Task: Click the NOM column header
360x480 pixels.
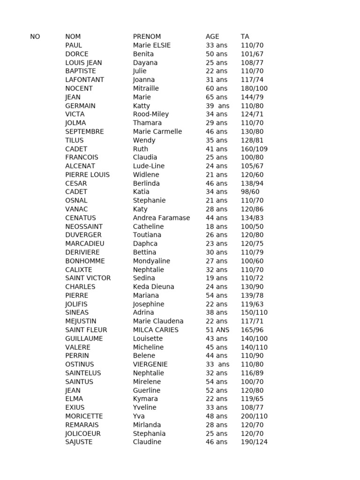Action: pyautogui.click(x=73, y=37)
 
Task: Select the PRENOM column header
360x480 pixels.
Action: pyautogui.click(x=147, y=37)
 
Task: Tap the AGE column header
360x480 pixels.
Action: pyautogui.click(x=212, y=37)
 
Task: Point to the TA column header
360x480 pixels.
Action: pyautogui.click(x=245, y=37)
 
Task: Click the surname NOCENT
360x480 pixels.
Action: pyautogui.click(x=79, y=88)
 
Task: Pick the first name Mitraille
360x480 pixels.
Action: pyautogui.click(x=146, y=88)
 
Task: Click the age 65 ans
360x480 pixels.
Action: pyautogui.click(x=217, y=97)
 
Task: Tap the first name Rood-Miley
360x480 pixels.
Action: pyautogui.click(x=150, y=114)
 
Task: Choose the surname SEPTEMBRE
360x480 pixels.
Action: pyautogui.click(x=84, y=131)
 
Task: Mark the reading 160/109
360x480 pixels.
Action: pyautogui.click(x=254, y=149)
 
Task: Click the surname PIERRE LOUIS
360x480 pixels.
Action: pyautogui.click(x=87, y=174)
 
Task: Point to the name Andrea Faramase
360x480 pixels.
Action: pyautogui.click(x=161, y=217)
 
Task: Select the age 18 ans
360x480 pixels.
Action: pyautogui.click(x=217, y=226)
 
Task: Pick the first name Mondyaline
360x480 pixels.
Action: pyautogui.click(x=151, y=261)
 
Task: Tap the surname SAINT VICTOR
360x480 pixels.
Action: pyautogui.click(x=88, y=278)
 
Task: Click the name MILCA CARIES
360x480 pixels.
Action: pyautogui.click(x=156, y=330)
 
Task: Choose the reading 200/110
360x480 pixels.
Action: pyautogui.click(x=254, y=416)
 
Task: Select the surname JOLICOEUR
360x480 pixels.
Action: pyautogui.click(x=83, y=433)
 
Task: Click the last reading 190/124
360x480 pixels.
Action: pyautogui.click(x=254, y=442)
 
